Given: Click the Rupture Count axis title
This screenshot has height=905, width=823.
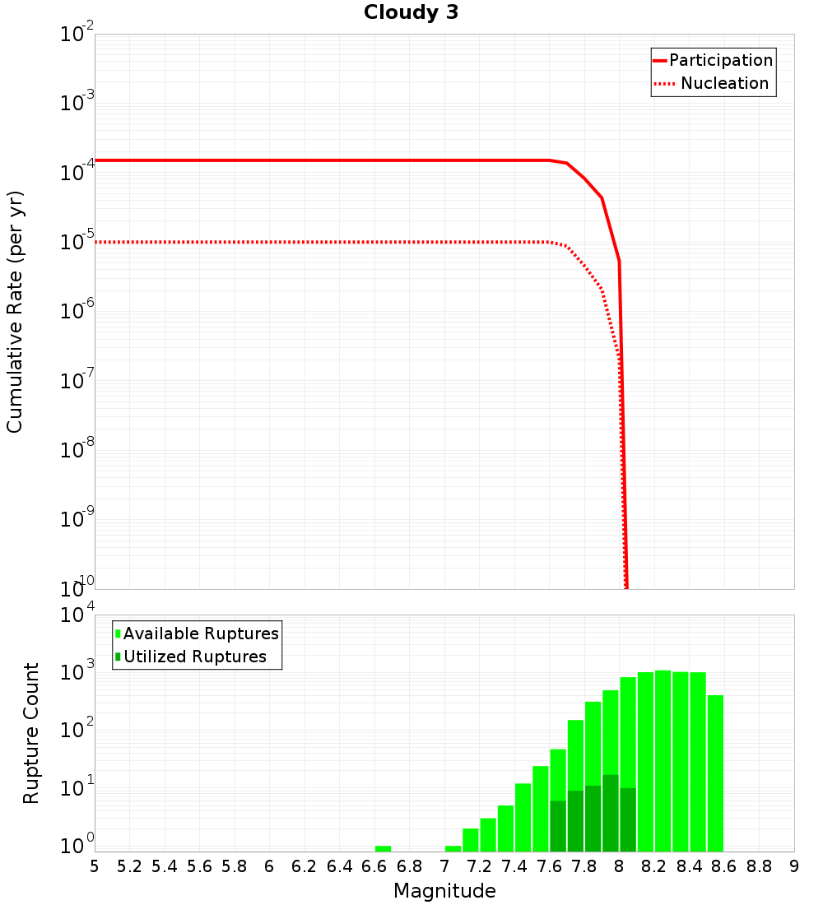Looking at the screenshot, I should [31, 733].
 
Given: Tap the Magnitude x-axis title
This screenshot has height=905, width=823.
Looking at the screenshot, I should [444, 891].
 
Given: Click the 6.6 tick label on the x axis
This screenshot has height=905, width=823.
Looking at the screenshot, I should [374, 866].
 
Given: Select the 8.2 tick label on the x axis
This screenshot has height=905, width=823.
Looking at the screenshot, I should [653, 866].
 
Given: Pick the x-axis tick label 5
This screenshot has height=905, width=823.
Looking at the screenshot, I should [95, 866].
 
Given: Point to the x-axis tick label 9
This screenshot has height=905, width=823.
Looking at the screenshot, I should [794, 866].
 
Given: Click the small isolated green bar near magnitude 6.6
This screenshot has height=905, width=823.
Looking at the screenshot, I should [383, 848].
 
